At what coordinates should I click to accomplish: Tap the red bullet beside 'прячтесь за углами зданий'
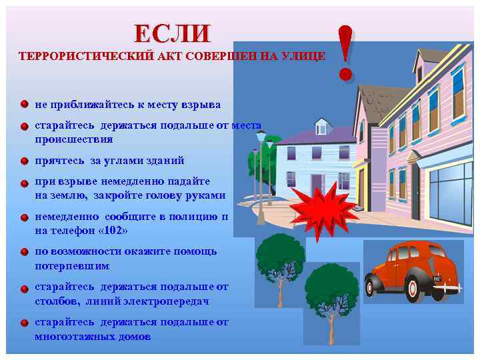click(x=23, y=161)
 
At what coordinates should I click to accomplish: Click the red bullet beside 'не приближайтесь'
click(x=23, y=105)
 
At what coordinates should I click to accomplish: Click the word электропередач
click(x=167, y=301)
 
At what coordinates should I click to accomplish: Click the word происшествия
click(x=74, y=140)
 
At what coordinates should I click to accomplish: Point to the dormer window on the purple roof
click(x=323, y=126)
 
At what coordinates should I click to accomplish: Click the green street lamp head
click(x=261, y=137)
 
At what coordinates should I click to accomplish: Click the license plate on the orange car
click(x=437, y=278)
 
